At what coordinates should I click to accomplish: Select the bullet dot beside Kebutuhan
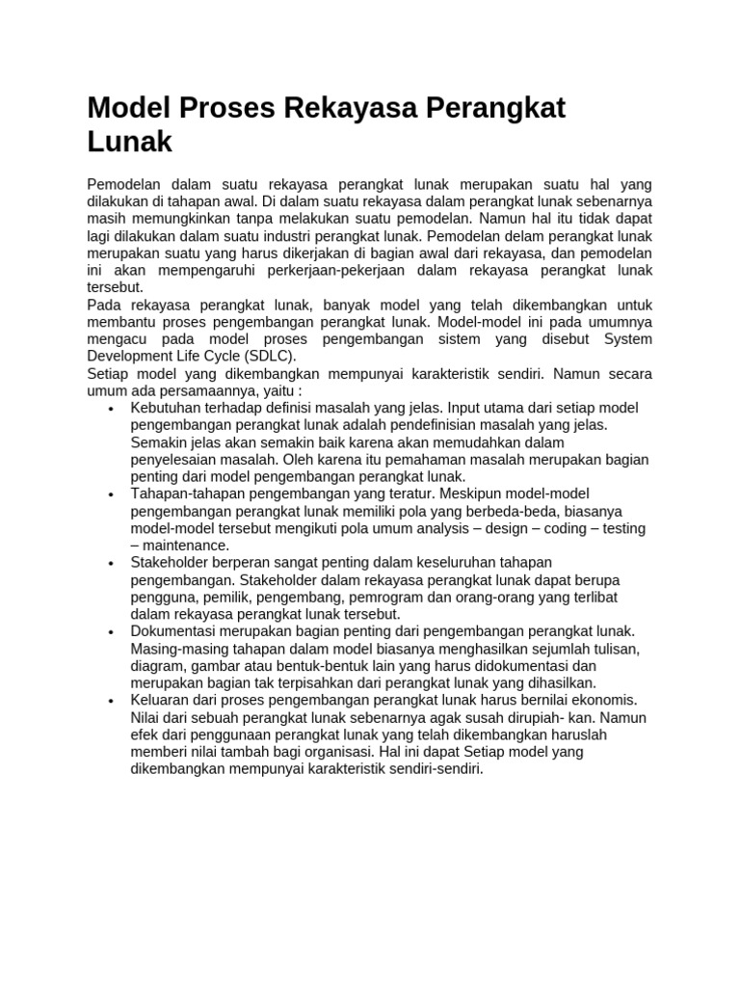pos(113,409)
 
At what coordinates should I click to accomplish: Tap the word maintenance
pos(186,546)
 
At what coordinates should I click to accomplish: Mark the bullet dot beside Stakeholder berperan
pos(113,563)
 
